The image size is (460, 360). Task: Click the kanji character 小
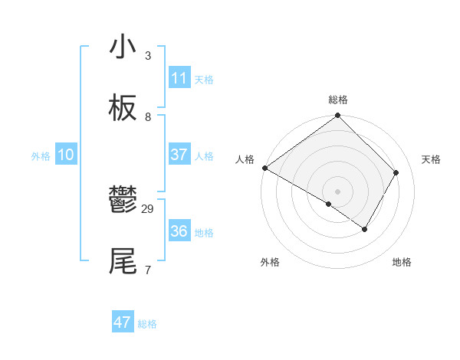point(123,47)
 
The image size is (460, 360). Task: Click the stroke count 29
point(148,208)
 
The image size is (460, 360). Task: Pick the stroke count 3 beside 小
point(148,55)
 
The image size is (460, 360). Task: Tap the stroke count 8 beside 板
point(148,116)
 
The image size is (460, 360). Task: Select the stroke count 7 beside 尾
point(148,270)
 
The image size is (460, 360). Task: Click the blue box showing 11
point(179,78)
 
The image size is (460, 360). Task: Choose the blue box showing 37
point(179,155)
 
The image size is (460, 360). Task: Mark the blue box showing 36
point(179,231)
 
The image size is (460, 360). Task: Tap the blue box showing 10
point(66,155)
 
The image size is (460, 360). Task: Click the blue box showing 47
point(123,322)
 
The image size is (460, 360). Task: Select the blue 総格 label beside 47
point(147,324)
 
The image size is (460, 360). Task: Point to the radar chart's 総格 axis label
point(338,100)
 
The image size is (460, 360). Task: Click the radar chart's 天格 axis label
point(432,159)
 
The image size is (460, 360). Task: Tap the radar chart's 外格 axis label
point(270,263)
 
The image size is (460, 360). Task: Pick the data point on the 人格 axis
point(264,168)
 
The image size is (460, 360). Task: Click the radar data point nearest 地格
point(365,229)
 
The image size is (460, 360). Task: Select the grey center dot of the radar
point(337,191)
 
